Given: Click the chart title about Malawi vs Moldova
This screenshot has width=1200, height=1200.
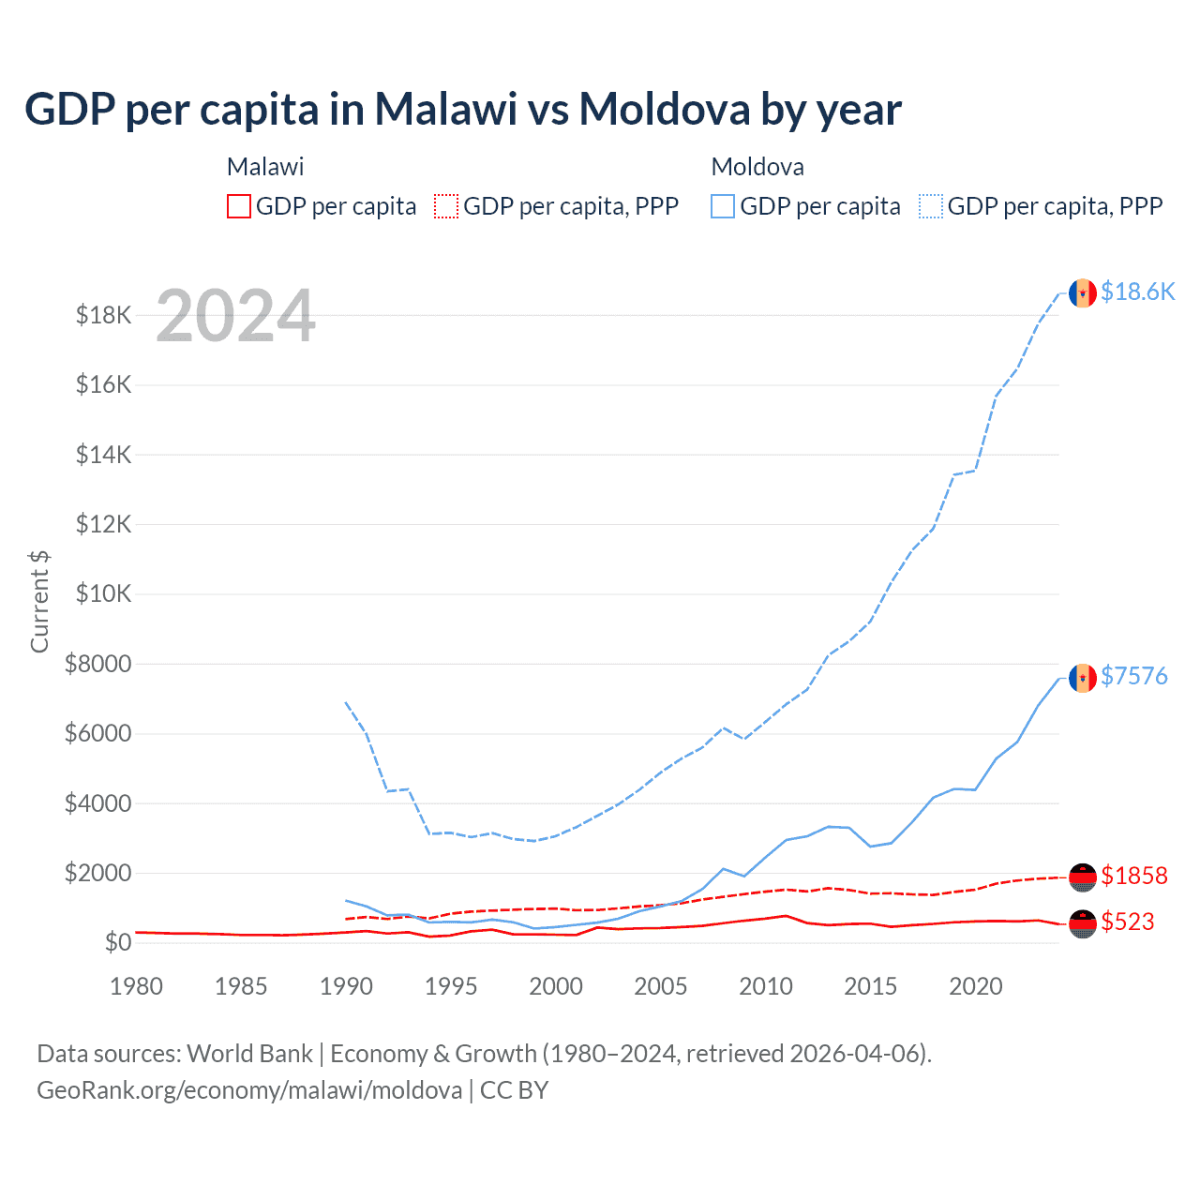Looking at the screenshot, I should coord(462,110).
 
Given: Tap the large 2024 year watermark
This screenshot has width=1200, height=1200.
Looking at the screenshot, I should coord(235,316).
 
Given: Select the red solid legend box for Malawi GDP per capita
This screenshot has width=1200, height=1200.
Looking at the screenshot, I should coord(239,206).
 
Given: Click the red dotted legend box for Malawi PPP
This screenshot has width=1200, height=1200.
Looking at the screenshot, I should coord(446,206).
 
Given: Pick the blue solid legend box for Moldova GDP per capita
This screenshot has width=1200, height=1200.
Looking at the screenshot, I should coord(723,206).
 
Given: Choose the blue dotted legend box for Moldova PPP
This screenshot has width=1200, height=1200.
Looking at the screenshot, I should coord(931,206).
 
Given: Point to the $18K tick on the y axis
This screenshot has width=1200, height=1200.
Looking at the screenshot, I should coord(103,315).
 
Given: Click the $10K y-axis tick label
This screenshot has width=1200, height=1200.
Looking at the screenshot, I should coord(103,594).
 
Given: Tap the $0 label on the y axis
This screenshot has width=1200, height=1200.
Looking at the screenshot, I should coord(117,942).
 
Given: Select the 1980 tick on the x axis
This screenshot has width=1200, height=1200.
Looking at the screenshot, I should coord(137,986).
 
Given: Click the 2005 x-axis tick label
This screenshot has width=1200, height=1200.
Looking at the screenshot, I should coord(661,986).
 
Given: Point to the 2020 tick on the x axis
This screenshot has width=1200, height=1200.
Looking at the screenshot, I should coord(976,986).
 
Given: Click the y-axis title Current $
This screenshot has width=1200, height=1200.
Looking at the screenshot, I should coord(39,601).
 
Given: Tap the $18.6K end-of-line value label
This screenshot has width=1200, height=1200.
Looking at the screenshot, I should coord(1137,292).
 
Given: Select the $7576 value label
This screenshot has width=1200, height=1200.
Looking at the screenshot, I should coord(1133,676).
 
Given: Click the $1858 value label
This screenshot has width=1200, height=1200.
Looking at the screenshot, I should coord(1133,876).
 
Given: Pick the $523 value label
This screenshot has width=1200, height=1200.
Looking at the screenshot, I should coord(1127,922).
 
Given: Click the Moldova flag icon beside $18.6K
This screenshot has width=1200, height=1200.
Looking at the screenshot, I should coord(1083,293).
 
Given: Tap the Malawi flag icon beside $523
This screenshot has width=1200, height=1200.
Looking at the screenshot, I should coord(1083,923).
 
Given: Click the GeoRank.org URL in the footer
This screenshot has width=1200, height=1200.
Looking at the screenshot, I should coord(249,1090).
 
